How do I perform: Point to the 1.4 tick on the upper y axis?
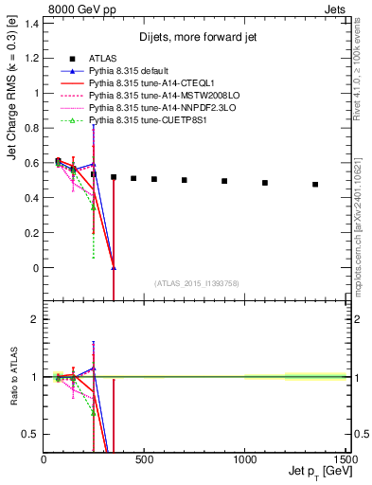pos(31,23)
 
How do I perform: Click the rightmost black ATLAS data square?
pos(315,185)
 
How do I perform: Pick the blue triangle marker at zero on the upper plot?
pos(114,268)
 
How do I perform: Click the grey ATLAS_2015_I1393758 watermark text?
pos(196,283)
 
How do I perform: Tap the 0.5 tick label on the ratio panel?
pos(31,435)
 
